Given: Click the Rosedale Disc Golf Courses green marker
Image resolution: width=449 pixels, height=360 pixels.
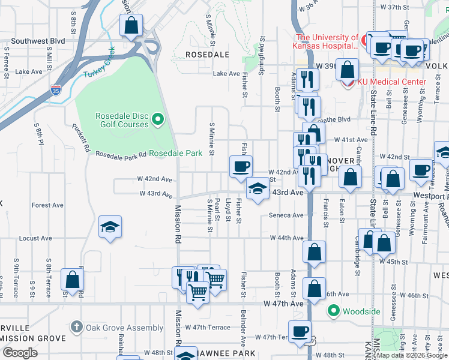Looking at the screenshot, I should (158, 119).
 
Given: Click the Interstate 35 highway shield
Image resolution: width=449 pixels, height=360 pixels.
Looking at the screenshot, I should (56, 91).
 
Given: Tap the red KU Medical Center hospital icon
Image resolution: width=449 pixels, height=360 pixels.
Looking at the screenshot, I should (347, 82).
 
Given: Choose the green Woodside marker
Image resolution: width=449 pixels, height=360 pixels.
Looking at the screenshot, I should (333, 311).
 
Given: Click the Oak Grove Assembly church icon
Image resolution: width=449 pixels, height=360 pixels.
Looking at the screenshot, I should (76, 328).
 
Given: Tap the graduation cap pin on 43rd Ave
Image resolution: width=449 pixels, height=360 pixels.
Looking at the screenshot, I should (258, 190).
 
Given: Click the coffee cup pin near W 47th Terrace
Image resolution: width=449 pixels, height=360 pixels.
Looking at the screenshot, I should (300, 331).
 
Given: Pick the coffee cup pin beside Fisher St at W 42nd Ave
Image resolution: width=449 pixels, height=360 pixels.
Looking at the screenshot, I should (241, 166).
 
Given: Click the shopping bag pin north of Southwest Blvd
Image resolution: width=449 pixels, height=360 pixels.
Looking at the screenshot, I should (131, 26).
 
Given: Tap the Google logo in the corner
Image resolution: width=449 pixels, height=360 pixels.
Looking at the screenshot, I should (20, 352).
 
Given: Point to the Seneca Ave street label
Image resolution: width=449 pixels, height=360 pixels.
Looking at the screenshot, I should (286, 215).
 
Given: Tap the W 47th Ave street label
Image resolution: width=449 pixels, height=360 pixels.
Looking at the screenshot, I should (283, 304).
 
